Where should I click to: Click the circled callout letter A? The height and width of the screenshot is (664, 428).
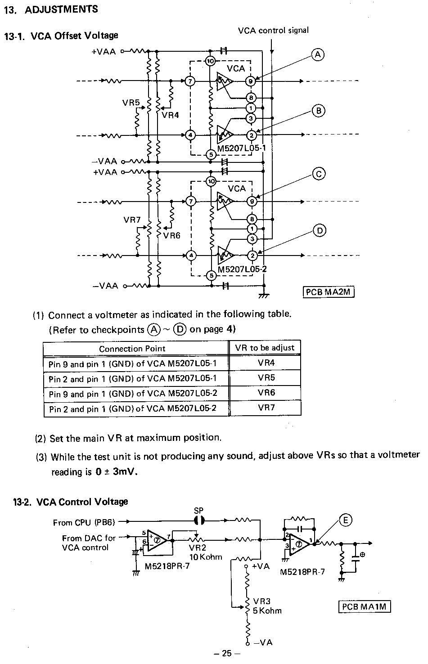[x=318, y=55]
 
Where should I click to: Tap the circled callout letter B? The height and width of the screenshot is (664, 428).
[x=319, y=111]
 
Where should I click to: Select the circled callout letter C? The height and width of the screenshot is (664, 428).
[x=319, y=174]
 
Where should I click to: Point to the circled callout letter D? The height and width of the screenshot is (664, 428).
[x=320, y=231]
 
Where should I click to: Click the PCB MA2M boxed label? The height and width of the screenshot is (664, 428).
[x=329, y=292]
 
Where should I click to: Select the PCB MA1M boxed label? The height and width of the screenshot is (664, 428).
[x=365, y=606]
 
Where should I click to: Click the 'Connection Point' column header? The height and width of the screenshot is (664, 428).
[x=132, y=349]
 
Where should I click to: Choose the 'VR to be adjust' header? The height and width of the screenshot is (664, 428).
[x=265, y=348]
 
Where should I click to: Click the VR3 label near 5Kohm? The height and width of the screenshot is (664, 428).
[x=262, y=601]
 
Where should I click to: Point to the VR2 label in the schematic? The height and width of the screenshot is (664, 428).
[x=198, y=547]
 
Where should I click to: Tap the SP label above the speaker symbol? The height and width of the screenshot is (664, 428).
[x=199, y=511]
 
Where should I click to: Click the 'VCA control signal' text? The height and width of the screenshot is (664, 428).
[x=273, y=30]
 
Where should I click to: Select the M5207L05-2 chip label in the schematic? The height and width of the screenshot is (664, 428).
[x=242, y=269]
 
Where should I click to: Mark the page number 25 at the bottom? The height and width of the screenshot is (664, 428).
[x=227, y=653]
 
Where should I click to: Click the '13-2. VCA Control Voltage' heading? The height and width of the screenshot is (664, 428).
[x=71, y=502]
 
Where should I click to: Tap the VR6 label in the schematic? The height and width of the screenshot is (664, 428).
[x=172, y=236]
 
